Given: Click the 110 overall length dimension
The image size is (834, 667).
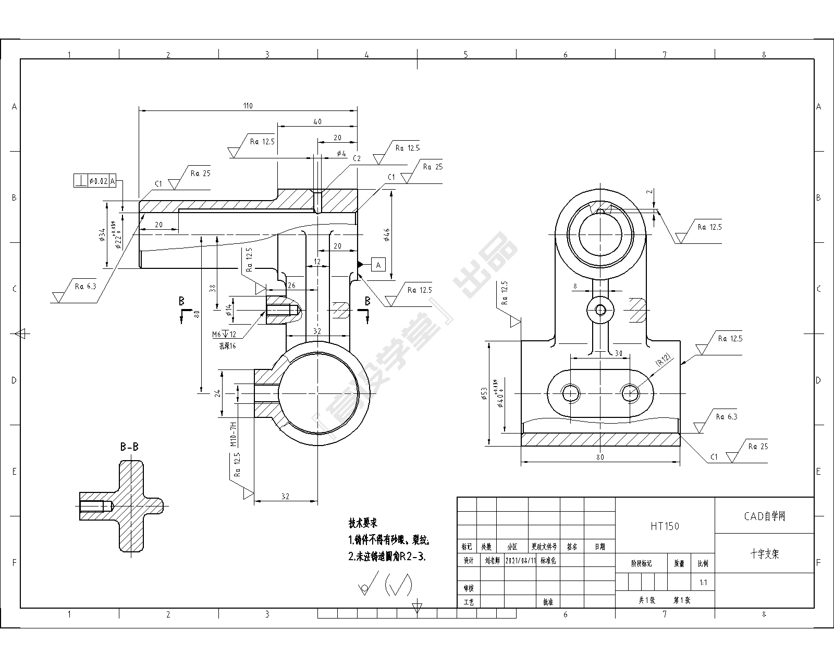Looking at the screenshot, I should (x=248, y=106).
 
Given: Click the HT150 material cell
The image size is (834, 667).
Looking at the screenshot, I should (x=665, y=526).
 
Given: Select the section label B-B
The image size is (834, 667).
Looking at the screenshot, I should (x=129, y=447).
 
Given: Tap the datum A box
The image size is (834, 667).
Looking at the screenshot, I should (x=378, y=265).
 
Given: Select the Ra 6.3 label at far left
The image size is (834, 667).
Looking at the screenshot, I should (x=85, y=286).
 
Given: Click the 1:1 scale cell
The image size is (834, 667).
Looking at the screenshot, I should (x=703, y=582).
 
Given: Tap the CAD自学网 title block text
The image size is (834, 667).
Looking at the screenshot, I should (x=764, y=516).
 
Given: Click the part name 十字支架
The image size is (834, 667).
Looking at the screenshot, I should (x=764, y=554).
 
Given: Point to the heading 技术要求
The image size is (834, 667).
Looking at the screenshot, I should (x=362, y=523).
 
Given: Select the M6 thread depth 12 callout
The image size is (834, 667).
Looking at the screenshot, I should (x=224, y=334).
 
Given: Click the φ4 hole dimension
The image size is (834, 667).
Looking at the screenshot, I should (x=341, y=153).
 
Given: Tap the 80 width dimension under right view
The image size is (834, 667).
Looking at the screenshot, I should (x=600, y=457).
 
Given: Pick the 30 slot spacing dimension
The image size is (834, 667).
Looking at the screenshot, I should (x=619, y=353).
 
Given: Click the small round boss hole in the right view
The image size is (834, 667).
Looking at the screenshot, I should (x=600, y=310).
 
